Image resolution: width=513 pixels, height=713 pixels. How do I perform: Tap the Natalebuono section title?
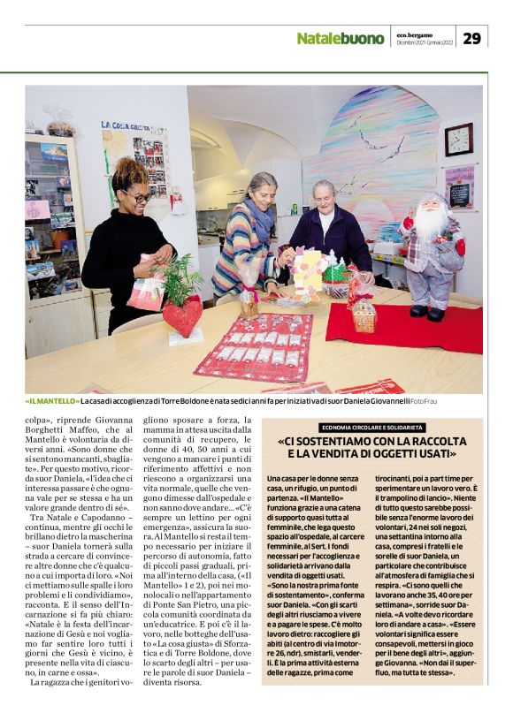pos(340,39)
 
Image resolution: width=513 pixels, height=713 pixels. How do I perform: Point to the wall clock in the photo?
pos(458,139)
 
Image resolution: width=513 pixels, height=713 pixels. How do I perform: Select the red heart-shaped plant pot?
pos(183,315)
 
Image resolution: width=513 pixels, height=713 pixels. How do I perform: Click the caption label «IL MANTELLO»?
pos(53,401)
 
